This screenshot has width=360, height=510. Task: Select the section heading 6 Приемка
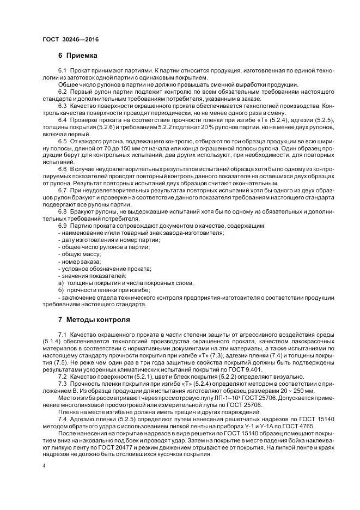(x=78, y=56)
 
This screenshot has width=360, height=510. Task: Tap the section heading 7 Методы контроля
(x=94, y=319)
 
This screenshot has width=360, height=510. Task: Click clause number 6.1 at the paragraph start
(x=62, y=71)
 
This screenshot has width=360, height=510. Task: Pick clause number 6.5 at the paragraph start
(x=62, y=141)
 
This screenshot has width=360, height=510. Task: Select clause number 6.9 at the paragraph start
(x=62, y=226)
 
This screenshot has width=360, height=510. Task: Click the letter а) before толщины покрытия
(x=60, y=283)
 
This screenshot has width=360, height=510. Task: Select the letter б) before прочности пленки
(x=60, y=291)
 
